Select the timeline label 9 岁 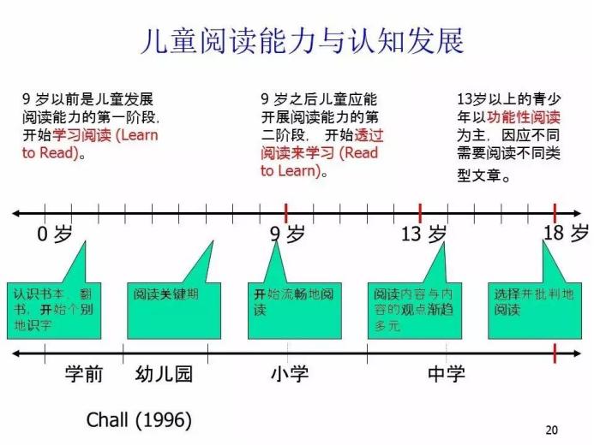(286, 234)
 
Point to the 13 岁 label (424, 234)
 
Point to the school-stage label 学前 (84, 374)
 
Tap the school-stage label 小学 (289, 374)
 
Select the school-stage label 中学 (447, 374)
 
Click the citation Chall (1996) (139, 420)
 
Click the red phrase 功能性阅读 (524, 118)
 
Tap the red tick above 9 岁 (285, 212)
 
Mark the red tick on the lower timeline (555, 352)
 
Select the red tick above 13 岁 (420, 212)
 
